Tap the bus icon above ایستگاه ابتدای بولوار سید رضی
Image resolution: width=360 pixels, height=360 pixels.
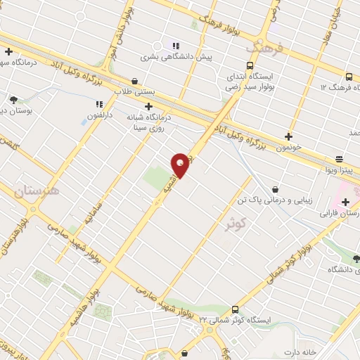pyautogui.click(x=233, y=61)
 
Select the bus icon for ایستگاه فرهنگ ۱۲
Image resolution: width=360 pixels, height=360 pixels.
pyautogui.click(x=349, y=76)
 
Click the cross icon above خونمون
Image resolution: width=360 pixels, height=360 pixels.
pyautogui.click(x=289, y=136)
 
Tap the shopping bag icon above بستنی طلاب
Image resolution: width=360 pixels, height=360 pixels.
pyautogui.click(x=135, y=81)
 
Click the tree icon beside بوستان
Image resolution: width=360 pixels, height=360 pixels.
pyautogui.click(x=13, y=100)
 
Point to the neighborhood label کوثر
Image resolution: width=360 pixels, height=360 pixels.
pyautogui.click(x=236, y=224)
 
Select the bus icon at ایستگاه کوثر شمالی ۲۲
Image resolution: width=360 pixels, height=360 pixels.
pyautogui.click(x=234, y=309)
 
